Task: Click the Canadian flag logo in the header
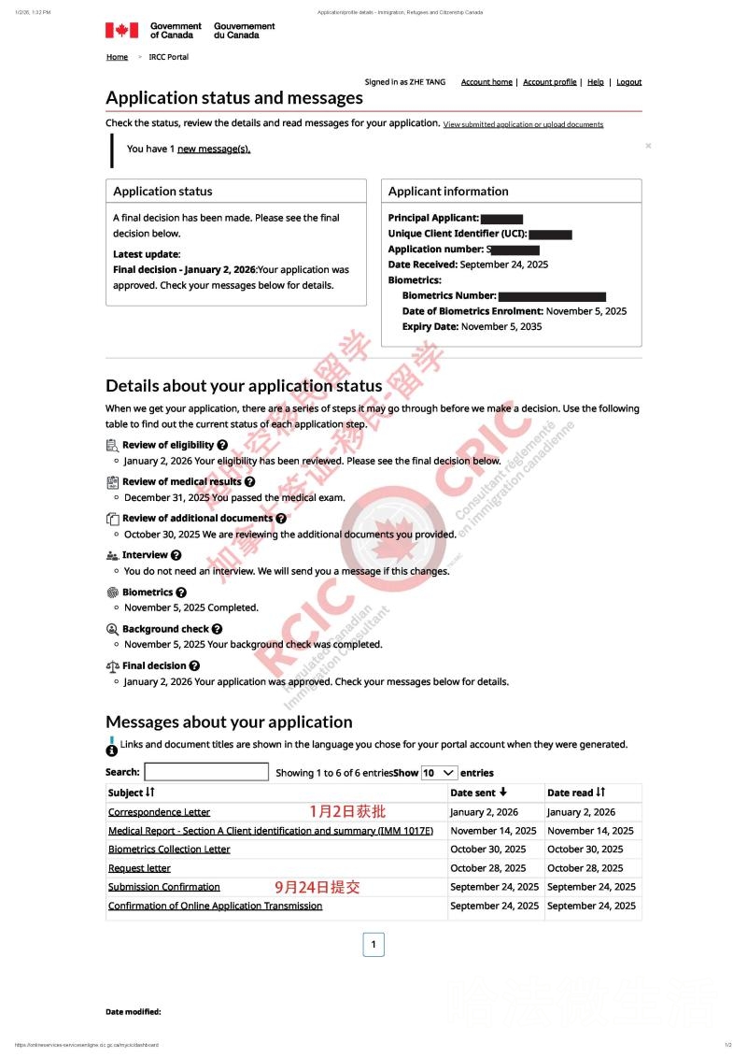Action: tap(121, 30)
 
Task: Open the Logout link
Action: tap(628, 82)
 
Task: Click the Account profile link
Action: tap(549, 82)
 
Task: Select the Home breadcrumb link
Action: tap(117, 57)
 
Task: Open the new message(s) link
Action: tap(214, 149)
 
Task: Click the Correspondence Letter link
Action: tap(159, 812)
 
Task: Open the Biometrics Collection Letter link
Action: tap(169, 850)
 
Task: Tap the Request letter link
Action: tap(139, 868)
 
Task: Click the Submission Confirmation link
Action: tap(163, 887)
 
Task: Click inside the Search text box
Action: tap(206, 772)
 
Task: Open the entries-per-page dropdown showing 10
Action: tap(439, 773)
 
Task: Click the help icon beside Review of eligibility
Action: tap(222, 445)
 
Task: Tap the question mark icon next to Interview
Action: tap(176, 555)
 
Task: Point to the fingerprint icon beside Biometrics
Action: tap(113, 593)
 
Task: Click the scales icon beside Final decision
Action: tap(113, 666)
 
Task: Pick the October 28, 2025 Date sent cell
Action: tap(487, 868)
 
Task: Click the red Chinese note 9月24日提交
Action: tap(317, 887)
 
